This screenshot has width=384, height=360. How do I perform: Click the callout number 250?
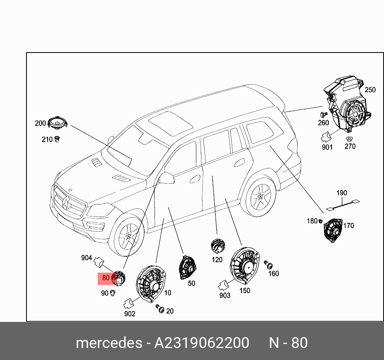(x=370, y=90)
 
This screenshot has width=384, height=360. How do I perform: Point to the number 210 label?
(x=47, y=140)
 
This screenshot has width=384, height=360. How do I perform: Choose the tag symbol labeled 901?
(x=325, y=137)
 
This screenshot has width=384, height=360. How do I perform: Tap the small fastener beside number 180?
(x=321, y=221)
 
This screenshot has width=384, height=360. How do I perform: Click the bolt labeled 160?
(x=269, y=264)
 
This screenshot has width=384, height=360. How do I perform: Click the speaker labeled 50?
(x=187, y=267)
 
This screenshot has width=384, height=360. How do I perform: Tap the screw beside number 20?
(x=161, y=309)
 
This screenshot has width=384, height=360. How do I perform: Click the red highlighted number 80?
(x=106, y=278)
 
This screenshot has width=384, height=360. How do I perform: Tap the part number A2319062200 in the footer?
(x=202, y=343)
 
